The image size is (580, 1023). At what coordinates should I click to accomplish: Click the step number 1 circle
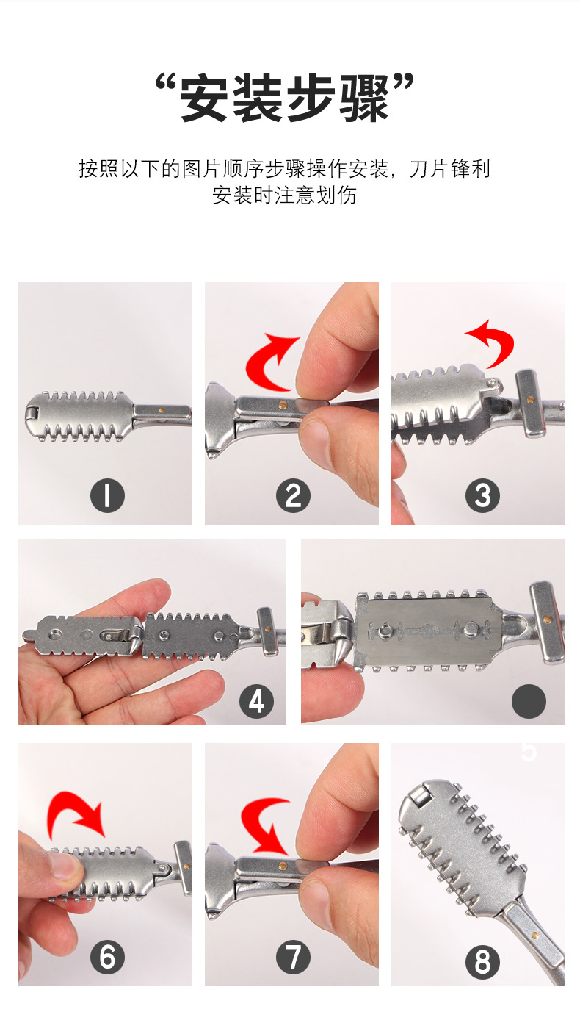click(x=107, y=495)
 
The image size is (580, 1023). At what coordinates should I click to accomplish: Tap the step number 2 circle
click(x=293, y=495)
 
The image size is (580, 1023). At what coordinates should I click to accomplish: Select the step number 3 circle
click(x=482, y=495)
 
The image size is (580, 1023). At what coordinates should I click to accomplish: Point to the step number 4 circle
click(x=256, y=701)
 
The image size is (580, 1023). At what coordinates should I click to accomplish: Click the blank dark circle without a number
click(x=529, y=701)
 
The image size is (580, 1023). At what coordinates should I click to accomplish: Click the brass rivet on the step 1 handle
click(x=161, y=410)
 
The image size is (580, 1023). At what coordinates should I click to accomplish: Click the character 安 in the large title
click(x=204, y=98)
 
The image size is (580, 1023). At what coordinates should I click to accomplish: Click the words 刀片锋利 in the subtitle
click(x=449, y=169)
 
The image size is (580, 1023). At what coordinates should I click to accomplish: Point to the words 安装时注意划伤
click(x=284, y=195)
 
